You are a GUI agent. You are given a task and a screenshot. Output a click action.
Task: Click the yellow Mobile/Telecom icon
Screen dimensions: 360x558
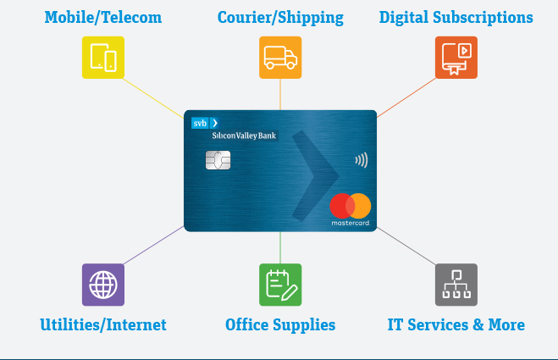pos(102,58)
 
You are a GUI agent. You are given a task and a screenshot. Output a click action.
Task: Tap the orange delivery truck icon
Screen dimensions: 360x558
pos(280,58)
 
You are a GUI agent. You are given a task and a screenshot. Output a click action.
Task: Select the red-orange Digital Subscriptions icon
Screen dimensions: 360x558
pos(456,58)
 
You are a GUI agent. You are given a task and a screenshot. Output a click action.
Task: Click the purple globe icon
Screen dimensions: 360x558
pos(102,285)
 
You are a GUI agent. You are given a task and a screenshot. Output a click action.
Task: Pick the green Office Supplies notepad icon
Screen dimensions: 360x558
pos(280,285)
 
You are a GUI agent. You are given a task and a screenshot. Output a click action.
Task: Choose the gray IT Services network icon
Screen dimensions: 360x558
pos(456,285)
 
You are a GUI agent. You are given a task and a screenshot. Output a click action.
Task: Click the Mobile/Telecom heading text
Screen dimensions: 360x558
pos(102,17)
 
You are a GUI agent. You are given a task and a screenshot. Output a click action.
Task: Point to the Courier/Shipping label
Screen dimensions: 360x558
pos(280,17)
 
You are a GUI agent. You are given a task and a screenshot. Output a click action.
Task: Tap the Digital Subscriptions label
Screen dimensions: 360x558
pos(456,17)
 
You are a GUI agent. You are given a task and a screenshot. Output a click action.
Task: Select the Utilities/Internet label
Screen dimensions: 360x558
pos(103,324)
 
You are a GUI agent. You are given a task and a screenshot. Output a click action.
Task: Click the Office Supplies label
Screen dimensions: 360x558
pos(280,324)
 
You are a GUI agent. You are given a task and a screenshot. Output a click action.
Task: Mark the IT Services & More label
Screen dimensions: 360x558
pos(456,324)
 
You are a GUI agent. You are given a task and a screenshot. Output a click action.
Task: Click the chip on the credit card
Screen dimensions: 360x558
pos(218,159)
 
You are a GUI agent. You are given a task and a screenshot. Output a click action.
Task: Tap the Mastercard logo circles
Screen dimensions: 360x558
pos(351,206)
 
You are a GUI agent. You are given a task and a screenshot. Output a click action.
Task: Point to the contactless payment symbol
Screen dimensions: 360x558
pos(362,159)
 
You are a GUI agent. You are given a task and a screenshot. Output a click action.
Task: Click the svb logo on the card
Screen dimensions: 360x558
pos(205,123)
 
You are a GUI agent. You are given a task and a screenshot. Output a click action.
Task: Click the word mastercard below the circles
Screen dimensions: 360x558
pos(351,224)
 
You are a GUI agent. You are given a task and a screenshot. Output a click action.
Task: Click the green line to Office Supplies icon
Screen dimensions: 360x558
pos(280,247)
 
